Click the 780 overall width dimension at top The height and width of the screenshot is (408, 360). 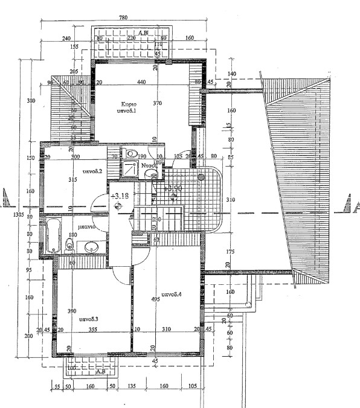click(123, 18)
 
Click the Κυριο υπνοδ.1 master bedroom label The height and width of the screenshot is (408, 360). click(127, 107)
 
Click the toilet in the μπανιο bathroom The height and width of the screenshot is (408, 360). click(69, 244)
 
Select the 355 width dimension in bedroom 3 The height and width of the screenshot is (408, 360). click(92, 330)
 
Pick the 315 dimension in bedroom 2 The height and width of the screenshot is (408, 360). click(74, 180)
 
